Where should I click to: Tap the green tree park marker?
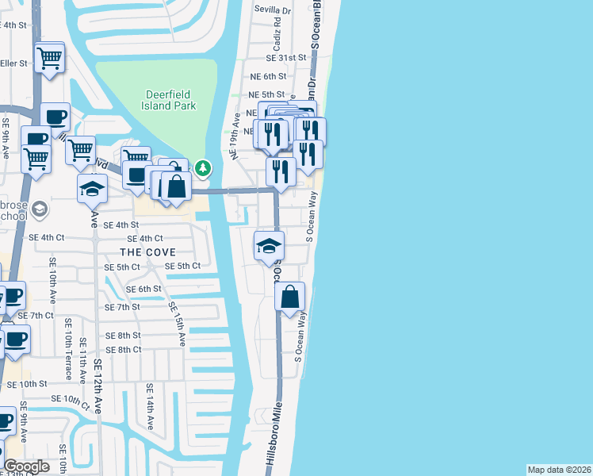pos(204,168)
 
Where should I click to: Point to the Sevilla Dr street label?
pos(273,10)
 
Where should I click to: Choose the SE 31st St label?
pos(286,58)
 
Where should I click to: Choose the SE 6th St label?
pos(143,289)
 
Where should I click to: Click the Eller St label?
pos(13,63)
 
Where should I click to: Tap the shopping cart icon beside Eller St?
pos(50,58)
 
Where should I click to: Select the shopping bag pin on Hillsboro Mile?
pos(291,297)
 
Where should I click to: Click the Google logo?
pos(27,466)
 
